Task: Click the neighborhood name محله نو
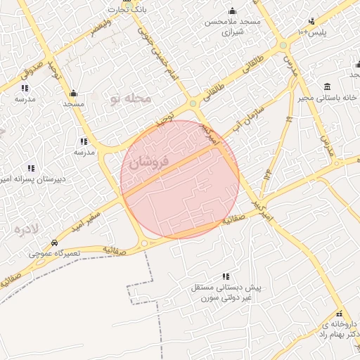pyautogui.click(x=130, y=99)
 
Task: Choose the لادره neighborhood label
pyautogui.click(x=26, y=230)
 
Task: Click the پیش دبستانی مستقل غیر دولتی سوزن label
pyautogui.click(x=225, y=293)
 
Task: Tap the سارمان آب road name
pyautogui.click(x=249, y=116)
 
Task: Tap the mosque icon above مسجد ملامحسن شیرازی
pyautogui.click(x=232, y=11)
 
